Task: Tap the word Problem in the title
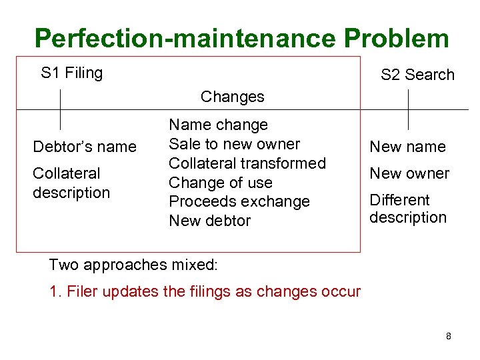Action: pyautogui.click(x=397, y=39)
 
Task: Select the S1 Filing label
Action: pyautogui.click(x=71, y=73)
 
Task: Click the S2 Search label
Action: pyautogui.click(x=417, y=75)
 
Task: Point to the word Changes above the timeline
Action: pyautogui.click(x=232, y=97)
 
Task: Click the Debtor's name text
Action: pyautogui.click(x=85, y=147)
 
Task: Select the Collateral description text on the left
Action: pyautogui.click(x=71, y=183)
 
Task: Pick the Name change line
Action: pyautogui.click(x=218, y=125)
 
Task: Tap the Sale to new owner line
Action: pyautogui.click(x=234, y=144)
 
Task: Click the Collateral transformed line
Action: pyautogui.click(x=247, y=163)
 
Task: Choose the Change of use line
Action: pyautogui.click(x=220, y=183)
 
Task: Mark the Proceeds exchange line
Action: pyautogui.click(x=239, y=201)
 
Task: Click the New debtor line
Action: pyautogui.click(x=209, y=221)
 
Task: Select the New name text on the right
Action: pyautogui.click(x=407, y=147)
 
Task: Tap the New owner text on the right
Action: pyautogui.click(x=409, y=173)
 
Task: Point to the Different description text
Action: pyautogui.click(x=408, y=209)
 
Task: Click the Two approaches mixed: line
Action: pyautogui.click(x=133, y=265)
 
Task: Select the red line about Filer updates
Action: pyautogui.click(x=205, y=291)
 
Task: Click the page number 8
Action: pyautogui.click(x=449, y=336)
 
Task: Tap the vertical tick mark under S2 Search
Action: pyautogui.click(x=408, y=109)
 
